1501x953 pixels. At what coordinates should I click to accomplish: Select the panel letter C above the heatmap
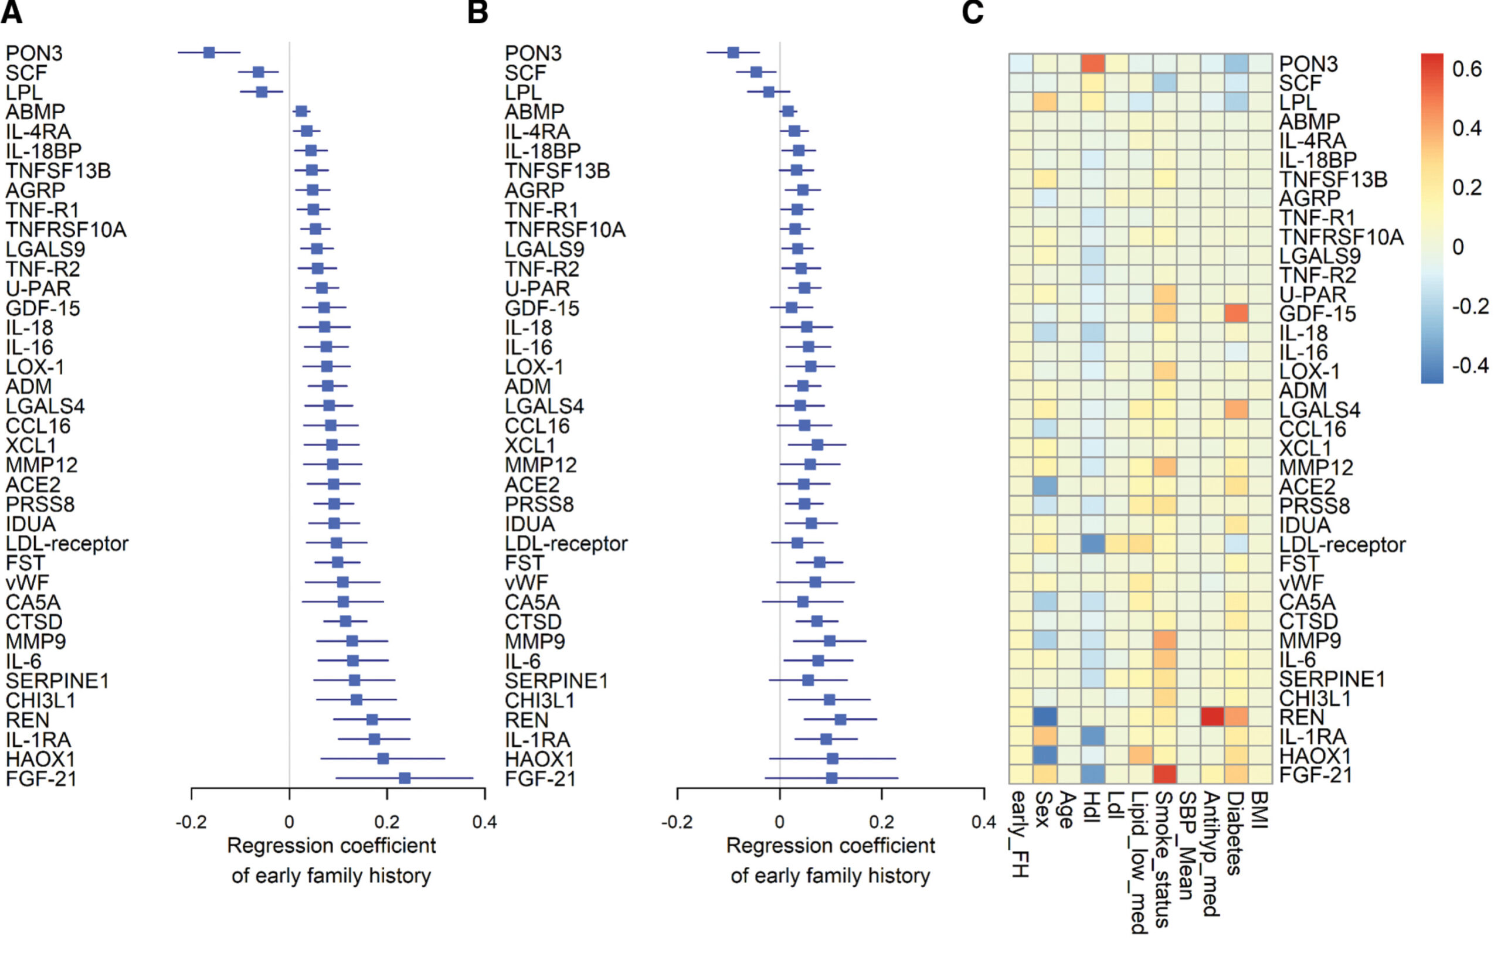pyautogui.click(x=972, y=12)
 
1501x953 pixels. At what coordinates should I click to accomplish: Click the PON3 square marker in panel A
pyautogui.click(x=209, y=52)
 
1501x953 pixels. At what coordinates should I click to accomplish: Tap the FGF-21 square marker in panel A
pyautogui.click(x=405, y=778)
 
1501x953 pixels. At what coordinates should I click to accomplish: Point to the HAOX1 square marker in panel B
pyautogui.click(x=832, y=758)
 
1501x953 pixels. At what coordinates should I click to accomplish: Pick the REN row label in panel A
pyautogui.click(x=28, y=720)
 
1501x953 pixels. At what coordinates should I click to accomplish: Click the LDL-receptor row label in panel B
pyautogui.click(x=566, y=543)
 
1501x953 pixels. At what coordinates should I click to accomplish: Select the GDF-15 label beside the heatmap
pyautogui.click(x=1317, y=314)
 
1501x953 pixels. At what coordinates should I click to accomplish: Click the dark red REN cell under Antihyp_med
pyautogui.click(x=1213, y=716)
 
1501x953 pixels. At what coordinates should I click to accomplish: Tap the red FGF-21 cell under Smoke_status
pyautogui.click(x=1165, y=774)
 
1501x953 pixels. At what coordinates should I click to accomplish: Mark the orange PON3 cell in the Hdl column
pyautogui.click(x=1094, y=63)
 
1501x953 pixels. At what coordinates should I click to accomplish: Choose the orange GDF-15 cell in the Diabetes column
pyautogui.click(x=1236, y=313)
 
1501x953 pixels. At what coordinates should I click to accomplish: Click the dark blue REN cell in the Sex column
pyautogui.click(x=1045, y=716)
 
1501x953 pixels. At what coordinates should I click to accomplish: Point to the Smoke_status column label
pyautogui.click(x=1164, y=859)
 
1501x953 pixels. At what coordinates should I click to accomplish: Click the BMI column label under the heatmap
pyautogui.click(x=1260, y=810)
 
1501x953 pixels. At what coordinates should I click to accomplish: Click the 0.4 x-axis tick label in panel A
pyautogui.click(x=484, y=823)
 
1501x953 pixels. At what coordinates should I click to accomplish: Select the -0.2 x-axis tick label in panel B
pyautogui.click(x=677, y=823)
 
